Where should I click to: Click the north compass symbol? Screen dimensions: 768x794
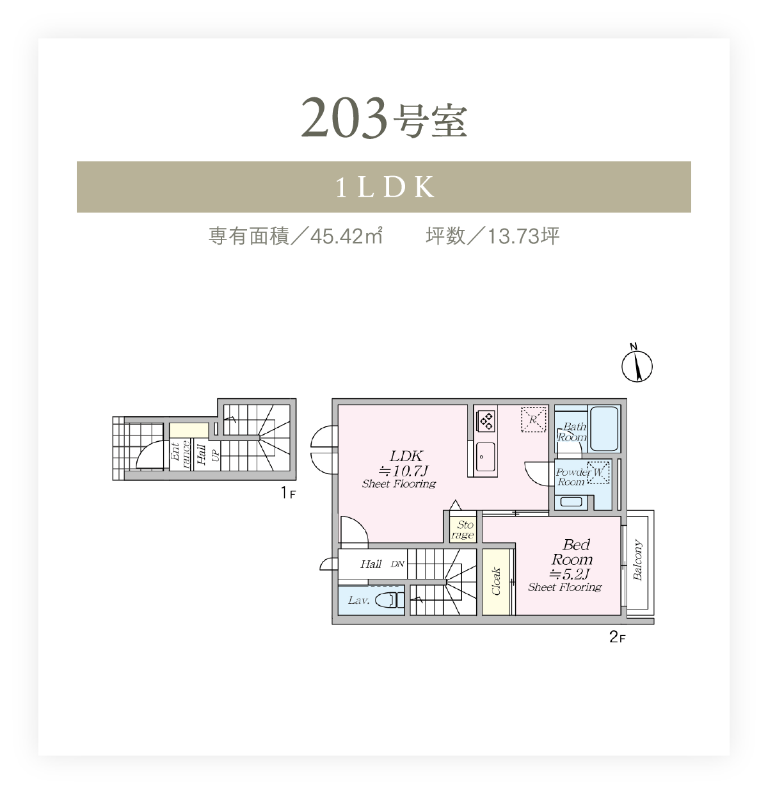(637, 364)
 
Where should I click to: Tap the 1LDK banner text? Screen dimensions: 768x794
(385, 187)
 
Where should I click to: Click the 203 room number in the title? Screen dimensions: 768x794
(344, 118)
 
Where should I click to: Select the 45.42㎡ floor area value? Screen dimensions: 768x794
(346, 236)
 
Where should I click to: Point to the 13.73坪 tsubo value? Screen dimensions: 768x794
(524, 236)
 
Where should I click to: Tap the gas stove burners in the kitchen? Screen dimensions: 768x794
(486, 421)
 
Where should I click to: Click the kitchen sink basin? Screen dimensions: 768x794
(485, 456)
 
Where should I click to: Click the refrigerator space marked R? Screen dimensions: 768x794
(534, 419)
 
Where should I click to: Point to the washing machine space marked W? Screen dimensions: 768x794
(598, 472)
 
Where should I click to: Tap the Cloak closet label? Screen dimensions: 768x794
(496, 581)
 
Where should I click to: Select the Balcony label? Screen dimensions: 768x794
(638, 560)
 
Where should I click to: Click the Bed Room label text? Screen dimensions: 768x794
(573, 552)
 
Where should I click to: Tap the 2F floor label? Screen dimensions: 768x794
(617, 637)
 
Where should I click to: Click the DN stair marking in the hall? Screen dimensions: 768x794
(397, 564)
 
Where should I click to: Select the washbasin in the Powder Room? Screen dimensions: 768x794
(571, 501)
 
